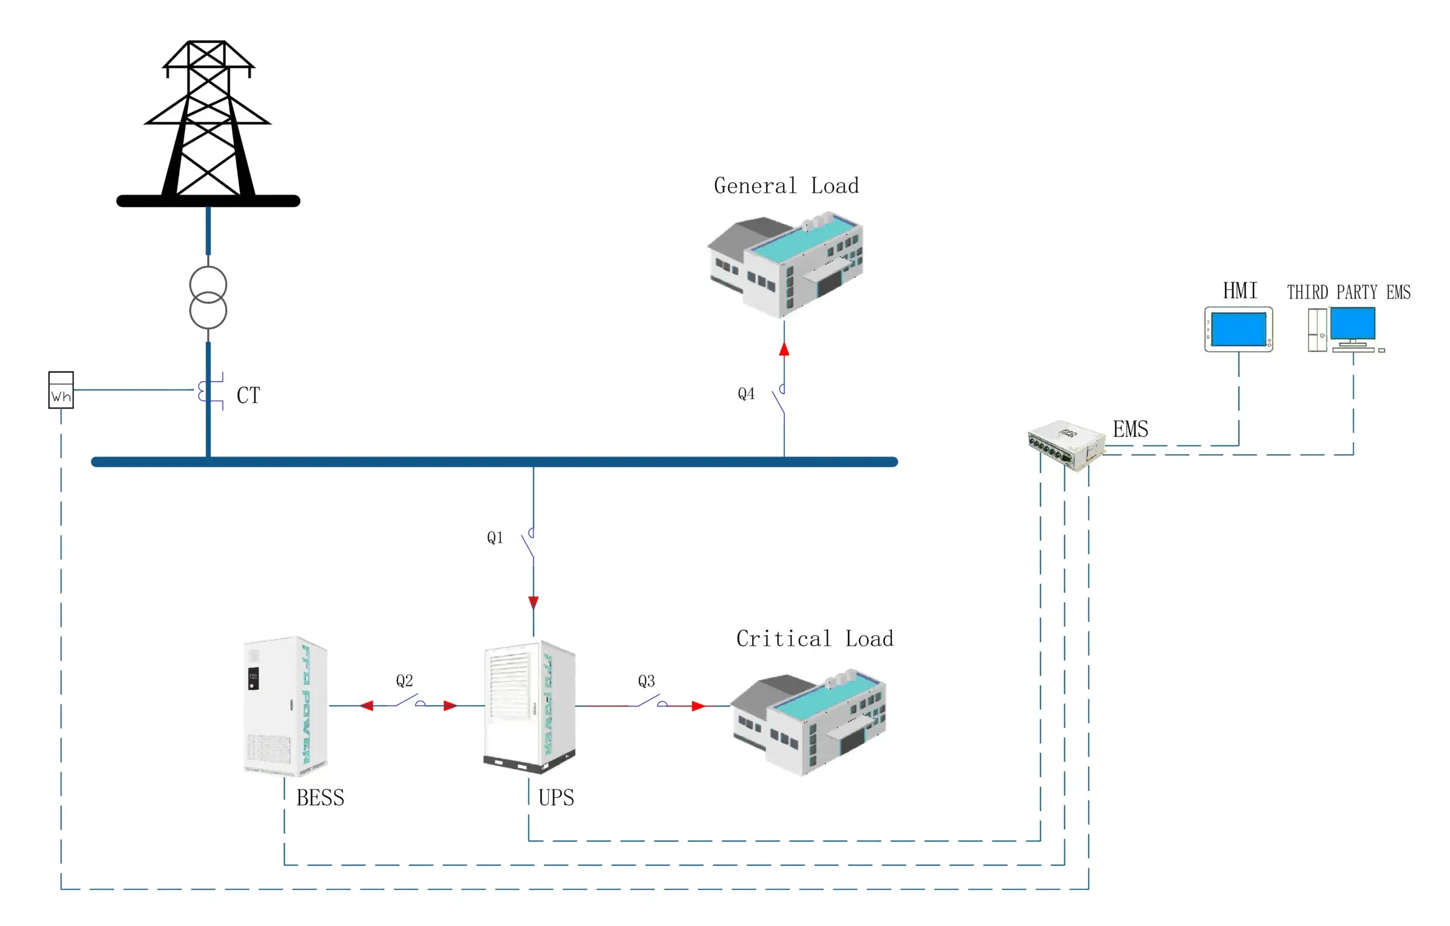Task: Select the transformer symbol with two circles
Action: (208, 298)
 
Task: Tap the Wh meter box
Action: (61, 390)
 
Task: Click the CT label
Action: (248, 395)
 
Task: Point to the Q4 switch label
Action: (746, 394)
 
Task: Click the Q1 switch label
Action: (495, 538)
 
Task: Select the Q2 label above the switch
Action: (404, 681)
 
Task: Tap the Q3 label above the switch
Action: (646, 681)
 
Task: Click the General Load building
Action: (786, 265)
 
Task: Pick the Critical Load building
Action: (808, 722)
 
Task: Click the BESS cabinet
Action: (285, 706)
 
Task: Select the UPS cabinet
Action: (530, 707)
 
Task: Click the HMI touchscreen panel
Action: (1239, 329)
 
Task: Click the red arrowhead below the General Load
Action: (784, 349)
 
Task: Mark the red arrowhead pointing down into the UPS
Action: (533, 602)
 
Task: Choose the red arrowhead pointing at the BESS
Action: (367, 706)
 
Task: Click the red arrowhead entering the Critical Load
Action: (698, 706)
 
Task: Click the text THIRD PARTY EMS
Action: (1348, 292)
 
